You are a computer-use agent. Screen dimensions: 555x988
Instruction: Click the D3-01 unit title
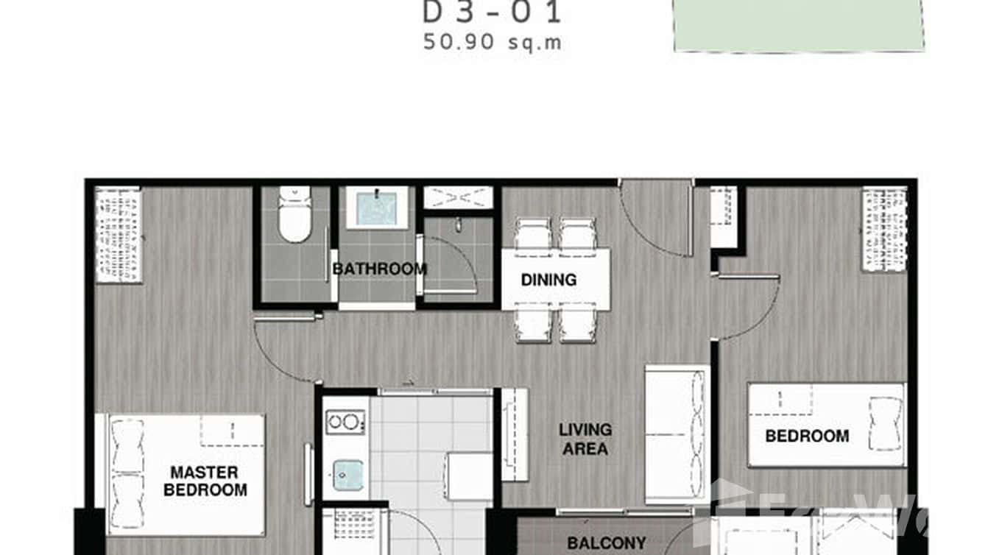pyautogui.click(x=493, y=13)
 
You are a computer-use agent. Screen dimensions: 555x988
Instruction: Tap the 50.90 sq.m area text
pyautogui.click(x=493, y=42)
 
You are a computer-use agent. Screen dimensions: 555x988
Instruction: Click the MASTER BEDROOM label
pyautogui.click(x=205, y=481)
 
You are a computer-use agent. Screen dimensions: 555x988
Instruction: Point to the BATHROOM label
pyautogui.click(x=379, y=269)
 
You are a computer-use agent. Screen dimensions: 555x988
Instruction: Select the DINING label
pyautogui.click(x=548, y=280)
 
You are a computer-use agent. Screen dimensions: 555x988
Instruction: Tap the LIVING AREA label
pyautogui.click(x=585, y=439)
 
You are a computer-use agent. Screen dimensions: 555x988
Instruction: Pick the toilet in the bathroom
pyautogui.click(x=294, y=214)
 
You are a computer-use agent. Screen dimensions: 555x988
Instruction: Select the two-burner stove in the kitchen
pyautogui.click(x=345, y=422)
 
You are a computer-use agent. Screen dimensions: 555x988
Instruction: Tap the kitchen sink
pyautogui.click(x=347, y=475)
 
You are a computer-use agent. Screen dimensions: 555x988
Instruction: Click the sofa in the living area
pyautogui.click(x=677, y=434)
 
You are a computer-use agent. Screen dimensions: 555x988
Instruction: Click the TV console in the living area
pyautogui.click(x=515, y=434)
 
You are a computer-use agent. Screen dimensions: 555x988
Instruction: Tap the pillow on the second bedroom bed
pyautogui.click(x=885, y=423)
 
